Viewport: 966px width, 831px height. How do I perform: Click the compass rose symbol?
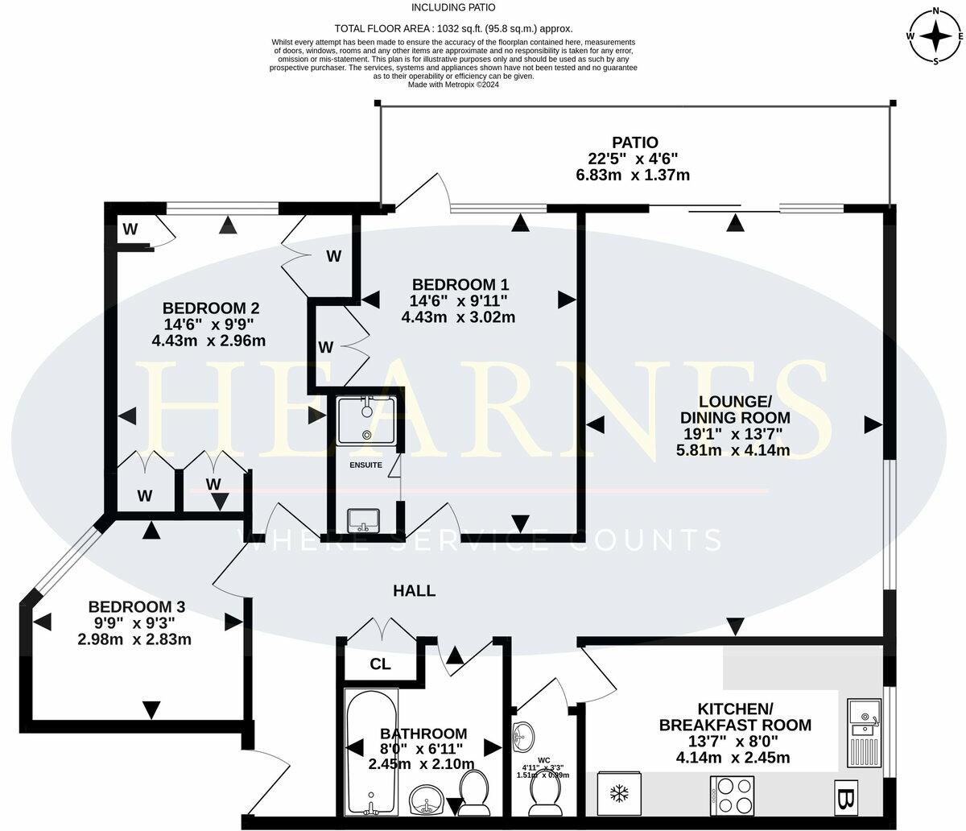[936, 36]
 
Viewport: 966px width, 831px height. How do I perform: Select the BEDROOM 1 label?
[460, 284]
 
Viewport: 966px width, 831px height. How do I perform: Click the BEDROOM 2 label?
[210, 308]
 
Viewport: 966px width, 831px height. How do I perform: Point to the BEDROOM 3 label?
[130, 606]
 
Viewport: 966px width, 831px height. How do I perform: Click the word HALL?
[414, 591]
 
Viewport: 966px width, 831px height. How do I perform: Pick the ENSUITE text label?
[365, 465]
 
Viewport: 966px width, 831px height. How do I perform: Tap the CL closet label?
[380, 665]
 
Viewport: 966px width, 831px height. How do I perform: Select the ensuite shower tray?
[367, 420]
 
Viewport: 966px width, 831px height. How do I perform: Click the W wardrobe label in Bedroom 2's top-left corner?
[130, 229]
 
